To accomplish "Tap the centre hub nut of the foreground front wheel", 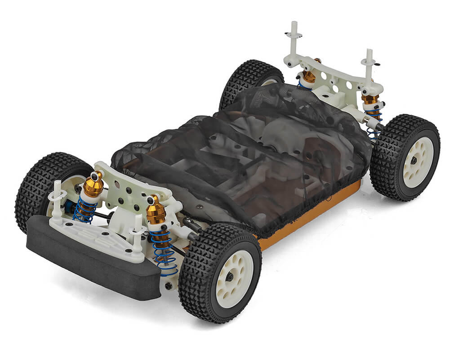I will click(x=230, y=277).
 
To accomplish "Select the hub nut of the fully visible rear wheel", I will click(x=414, y=160).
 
